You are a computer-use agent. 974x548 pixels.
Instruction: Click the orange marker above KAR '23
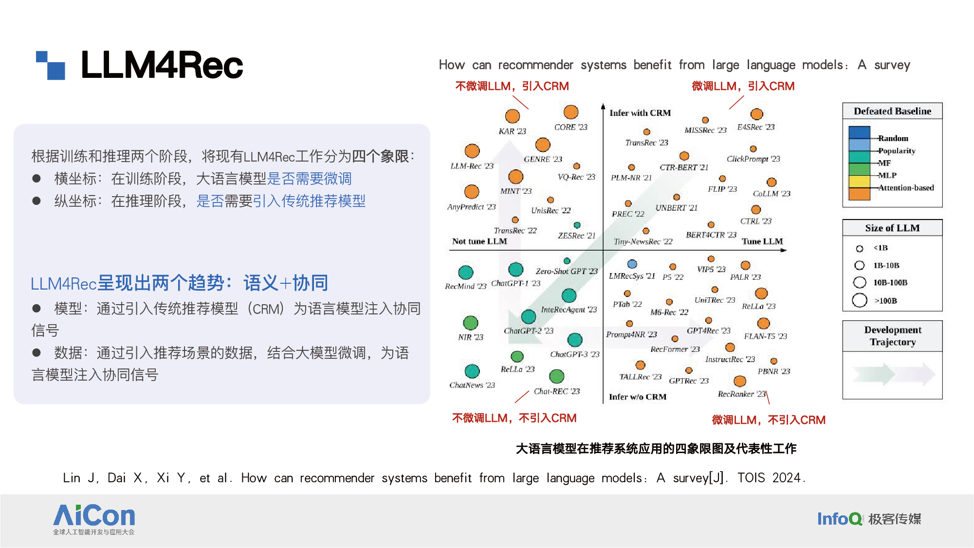click(512, 116)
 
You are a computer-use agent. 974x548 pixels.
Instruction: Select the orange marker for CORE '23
click(570, 112)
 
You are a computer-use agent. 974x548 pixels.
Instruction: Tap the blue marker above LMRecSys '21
click(632, 264)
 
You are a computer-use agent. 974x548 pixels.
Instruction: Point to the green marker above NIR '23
click(470, 322)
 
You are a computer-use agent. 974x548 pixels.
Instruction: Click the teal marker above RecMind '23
click(465, 272)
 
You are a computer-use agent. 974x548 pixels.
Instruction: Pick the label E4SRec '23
click(755, 127)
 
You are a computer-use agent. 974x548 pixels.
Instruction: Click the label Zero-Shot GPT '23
click(567, 271)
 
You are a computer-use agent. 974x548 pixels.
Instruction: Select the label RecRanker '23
click(742, 394)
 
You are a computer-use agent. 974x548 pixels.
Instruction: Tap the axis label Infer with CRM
click(640, 113)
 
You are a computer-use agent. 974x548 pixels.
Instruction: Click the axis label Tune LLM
click(762, 241)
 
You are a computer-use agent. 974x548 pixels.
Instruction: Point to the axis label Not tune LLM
click(479, 241)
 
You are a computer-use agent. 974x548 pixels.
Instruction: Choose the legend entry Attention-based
click(906, 188)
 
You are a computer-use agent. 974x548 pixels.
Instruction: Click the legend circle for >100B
click(860, 300)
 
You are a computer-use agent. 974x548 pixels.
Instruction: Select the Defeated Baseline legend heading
click(892, 111)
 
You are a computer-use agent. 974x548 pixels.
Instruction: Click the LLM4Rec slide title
click(162, 65)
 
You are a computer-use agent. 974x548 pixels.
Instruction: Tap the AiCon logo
click(94, 519)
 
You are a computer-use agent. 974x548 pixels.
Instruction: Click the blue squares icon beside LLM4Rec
click(51, 65)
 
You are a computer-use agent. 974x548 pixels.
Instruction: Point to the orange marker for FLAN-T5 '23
click(763, 323)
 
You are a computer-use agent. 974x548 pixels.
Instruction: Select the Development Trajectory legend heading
click(893, 336)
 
